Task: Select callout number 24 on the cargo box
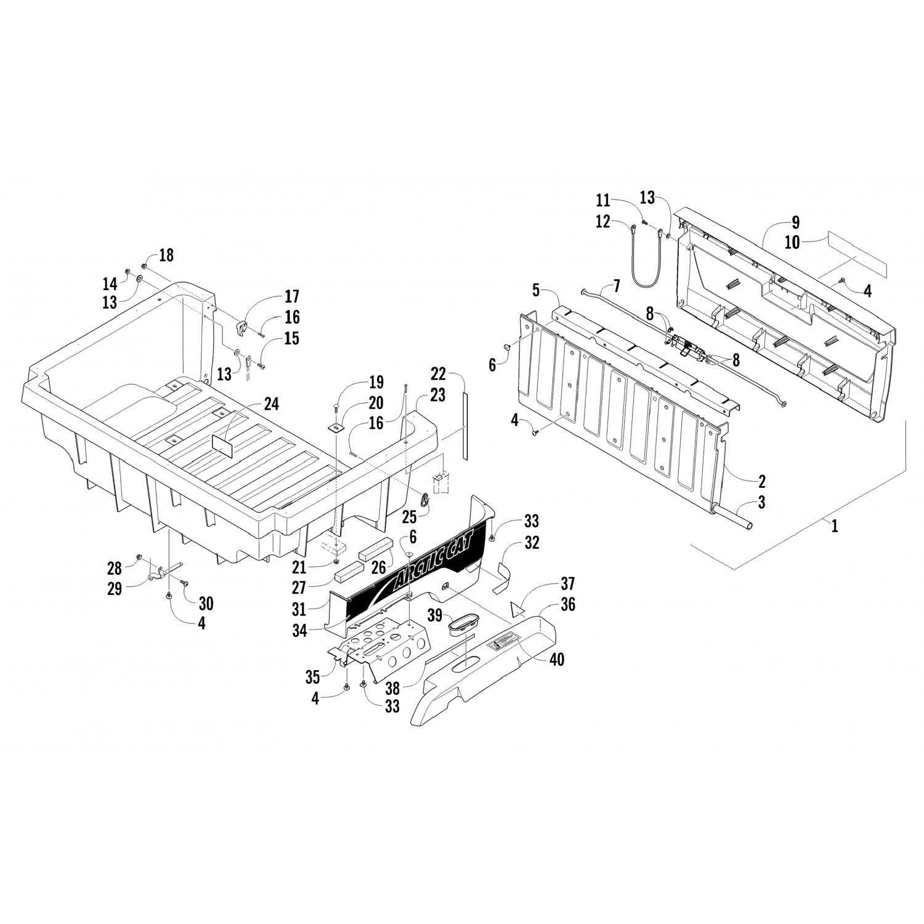(271, 404)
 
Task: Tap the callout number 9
(795, 222)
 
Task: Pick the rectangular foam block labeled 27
(351, 575)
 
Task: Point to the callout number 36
(568, 605)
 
